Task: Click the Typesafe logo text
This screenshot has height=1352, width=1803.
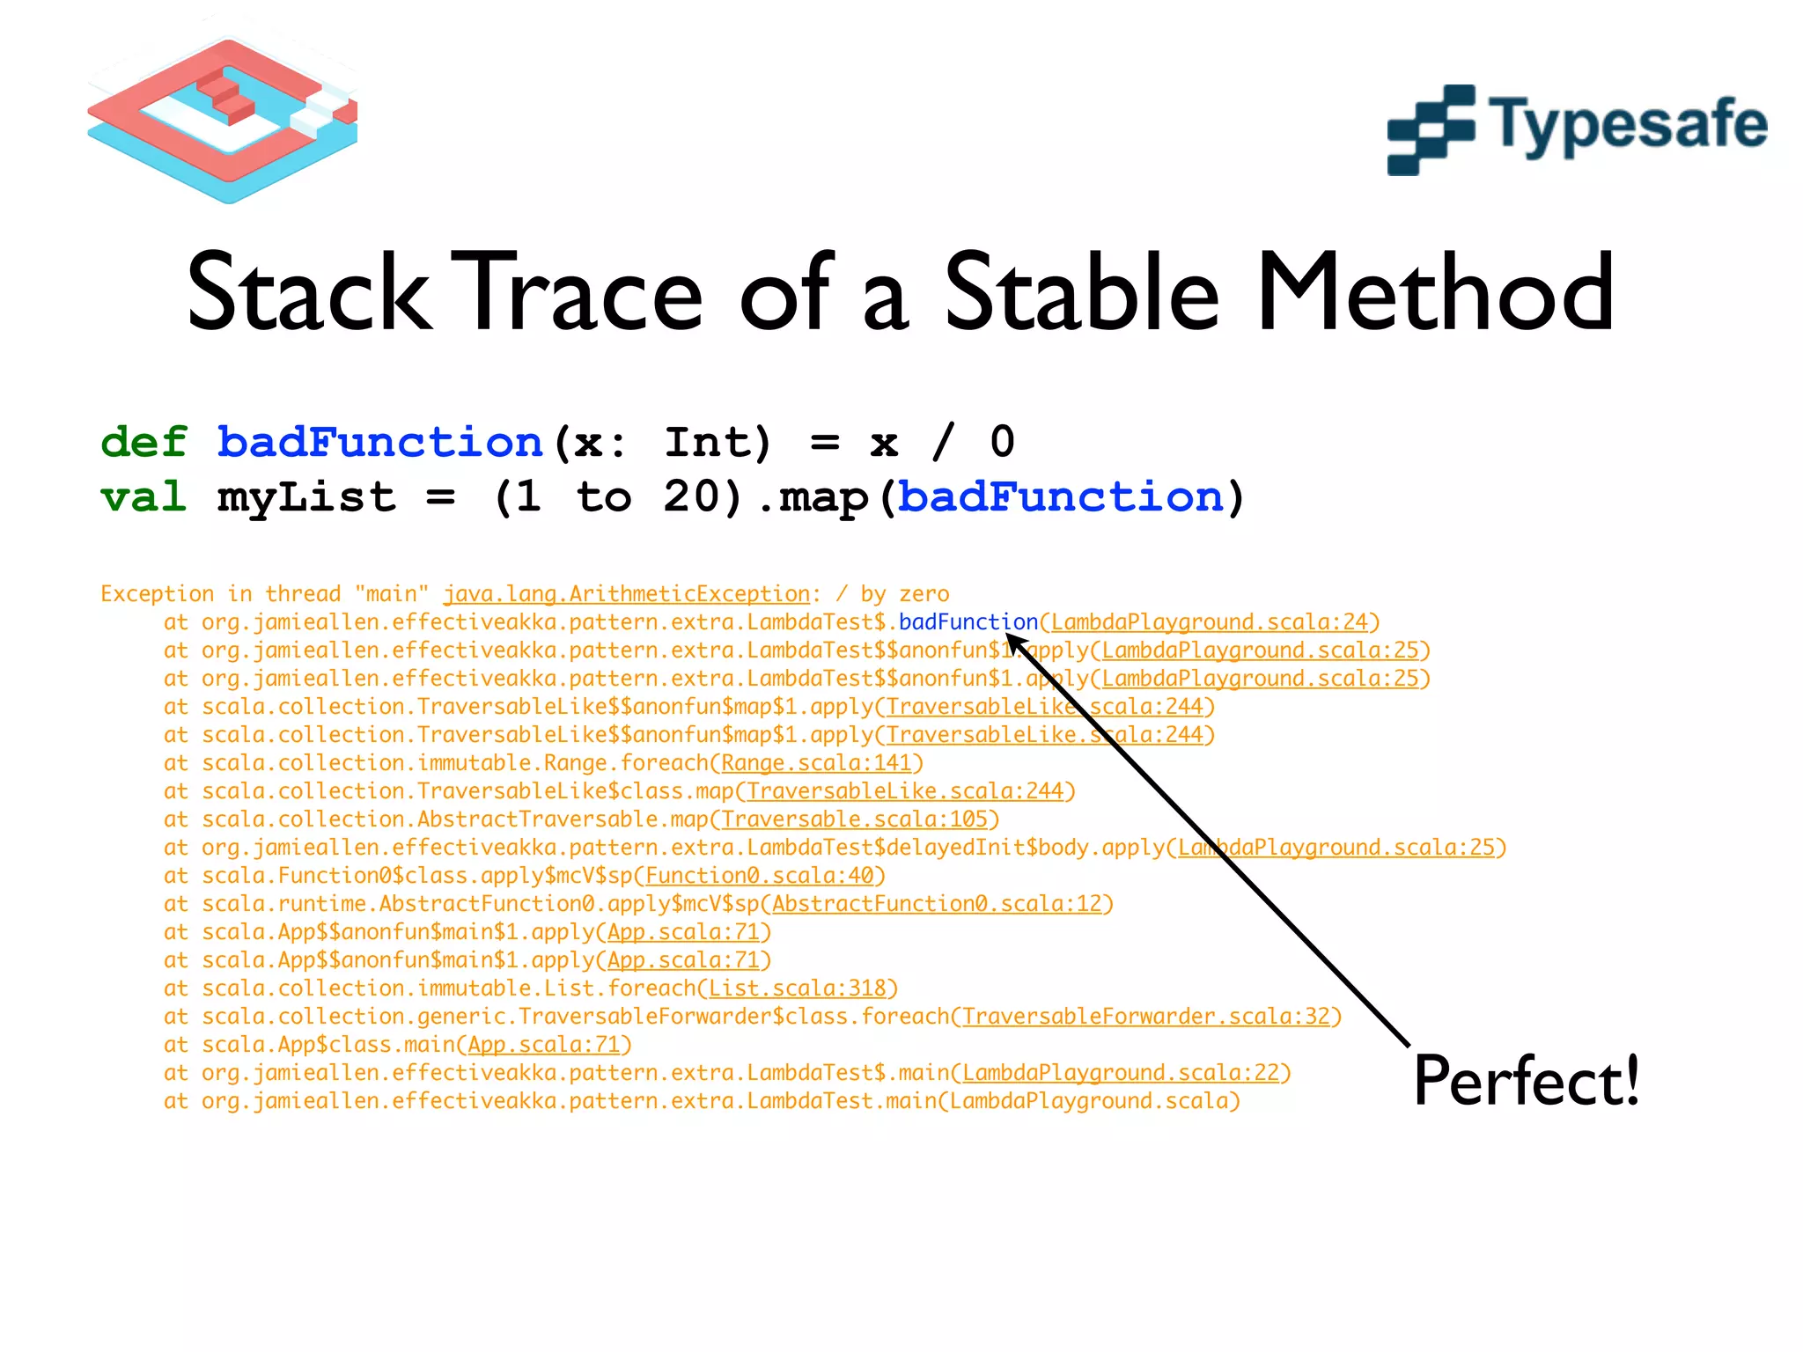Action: point(1627,125)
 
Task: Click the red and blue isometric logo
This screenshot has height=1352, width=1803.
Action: point(223,119)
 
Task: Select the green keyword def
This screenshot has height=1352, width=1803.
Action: point(144,442)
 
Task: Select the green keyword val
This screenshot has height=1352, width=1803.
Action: point(144,497)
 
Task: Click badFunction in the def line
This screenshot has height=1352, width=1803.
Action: point(379,442)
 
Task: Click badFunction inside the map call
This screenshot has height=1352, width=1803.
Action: point(1060,497)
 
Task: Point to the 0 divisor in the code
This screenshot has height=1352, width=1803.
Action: point(1002,442)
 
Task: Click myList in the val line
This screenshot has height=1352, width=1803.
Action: point(306,499)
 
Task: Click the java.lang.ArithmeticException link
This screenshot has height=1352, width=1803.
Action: point(626,594)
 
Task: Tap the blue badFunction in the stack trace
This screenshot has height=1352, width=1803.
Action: point(968,622)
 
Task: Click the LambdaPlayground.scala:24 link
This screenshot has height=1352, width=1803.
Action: point(1210,622)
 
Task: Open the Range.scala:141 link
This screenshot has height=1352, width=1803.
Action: point(816,763)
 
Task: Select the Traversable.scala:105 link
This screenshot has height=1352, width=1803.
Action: point(854,819)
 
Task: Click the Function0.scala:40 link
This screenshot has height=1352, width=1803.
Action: point(759,876)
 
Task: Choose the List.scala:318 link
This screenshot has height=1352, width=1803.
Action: point(797,988)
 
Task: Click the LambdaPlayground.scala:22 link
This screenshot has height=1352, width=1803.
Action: point(1120,1073)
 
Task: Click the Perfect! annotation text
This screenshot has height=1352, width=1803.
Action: point(1526,1081)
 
